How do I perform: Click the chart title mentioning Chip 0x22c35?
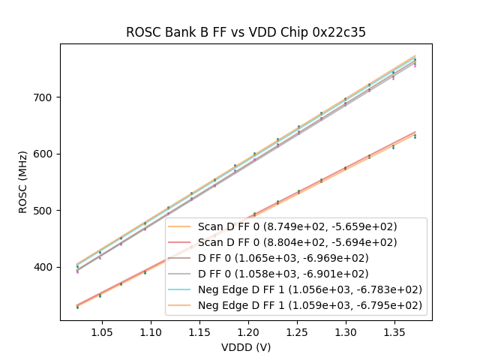[x=245, y=32]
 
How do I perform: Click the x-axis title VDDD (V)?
[x=245, y=347]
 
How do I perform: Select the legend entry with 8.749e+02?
[x=297, y=226]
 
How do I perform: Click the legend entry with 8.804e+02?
[x=297, y=242]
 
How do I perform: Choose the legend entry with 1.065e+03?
[x=285, y=258]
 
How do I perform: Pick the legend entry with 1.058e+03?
[x=285, y=274]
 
